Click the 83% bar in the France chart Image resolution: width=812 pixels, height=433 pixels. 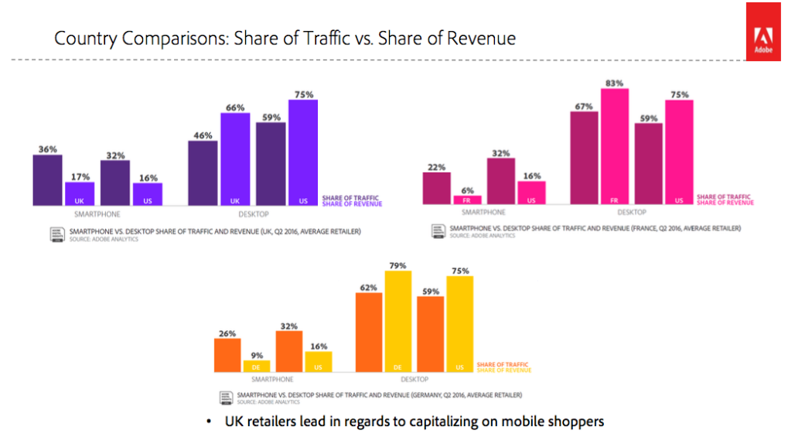[614, 147]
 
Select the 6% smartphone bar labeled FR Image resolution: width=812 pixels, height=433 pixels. [467, 199]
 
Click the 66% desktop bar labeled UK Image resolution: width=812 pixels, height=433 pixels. [236, 159]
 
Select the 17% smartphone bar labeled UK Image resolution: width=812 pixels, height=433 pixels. [79, 193]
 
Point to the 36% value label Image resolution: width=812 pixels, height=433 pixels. [47, 149]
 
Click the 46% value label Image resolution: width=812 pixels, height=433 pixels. [202, 135]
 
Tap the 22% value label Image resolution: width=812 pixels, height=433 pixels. [436, 167]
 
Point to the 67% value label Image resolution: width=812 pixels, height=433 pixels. [583, 106]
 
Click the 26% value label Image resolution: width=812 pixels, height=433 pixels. [227, 334]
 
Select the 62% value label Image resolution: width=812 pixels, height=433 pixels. [368, 288]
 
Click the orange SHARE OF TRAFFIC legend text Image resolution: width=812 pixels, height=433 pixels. [503, 364]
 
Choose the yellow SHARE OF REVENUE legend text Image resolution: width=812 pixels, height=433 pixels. [503, 370]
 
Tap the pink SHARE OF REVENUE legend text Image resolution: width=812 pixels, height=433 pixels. [725, 203]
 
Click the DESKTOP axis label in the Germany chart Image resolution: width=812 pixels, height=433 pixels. [414, 380]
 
